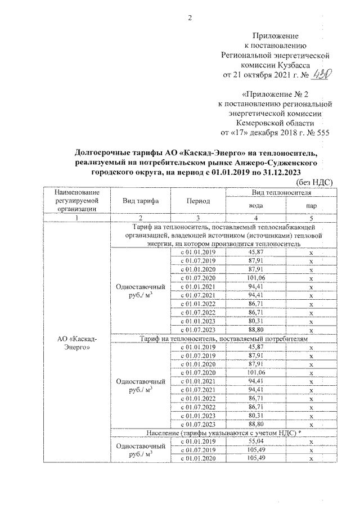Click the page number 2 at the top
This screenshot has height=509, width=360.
pyautogui.click(x=190, y=17)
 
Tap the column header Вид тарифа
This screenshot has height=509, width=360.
pyautogui.click(x=141, y=201)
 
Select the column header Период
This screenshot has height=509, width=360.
pyautogui.click(x=199, y=201)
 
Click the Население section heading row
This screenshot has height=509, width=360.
pyautogui.click(x=223, y=434)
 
